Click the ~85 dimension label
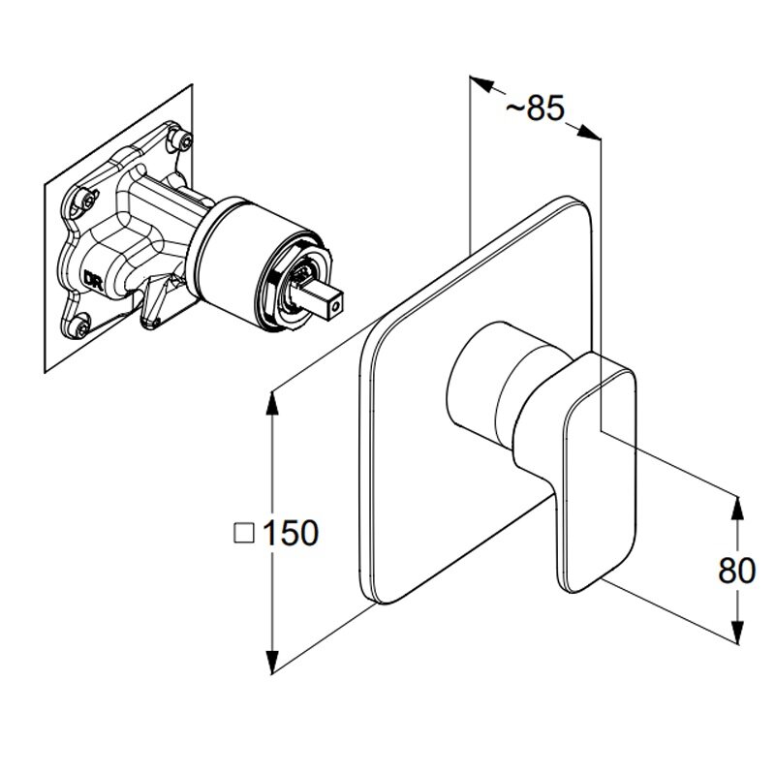coord(535,108)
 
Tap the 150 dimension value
coord(291,534)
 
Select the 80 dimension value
coord(737,571)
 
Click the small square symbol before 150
coord(244,534)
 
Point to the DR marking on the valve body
coord(93,279)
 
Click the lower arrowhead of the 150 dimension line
coord(271,661)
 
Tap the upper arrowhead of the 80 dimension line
coord(737,510)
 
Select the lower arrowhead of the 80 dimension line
coord(737,631)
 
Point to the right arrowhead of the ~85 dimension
coord(588,132)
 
